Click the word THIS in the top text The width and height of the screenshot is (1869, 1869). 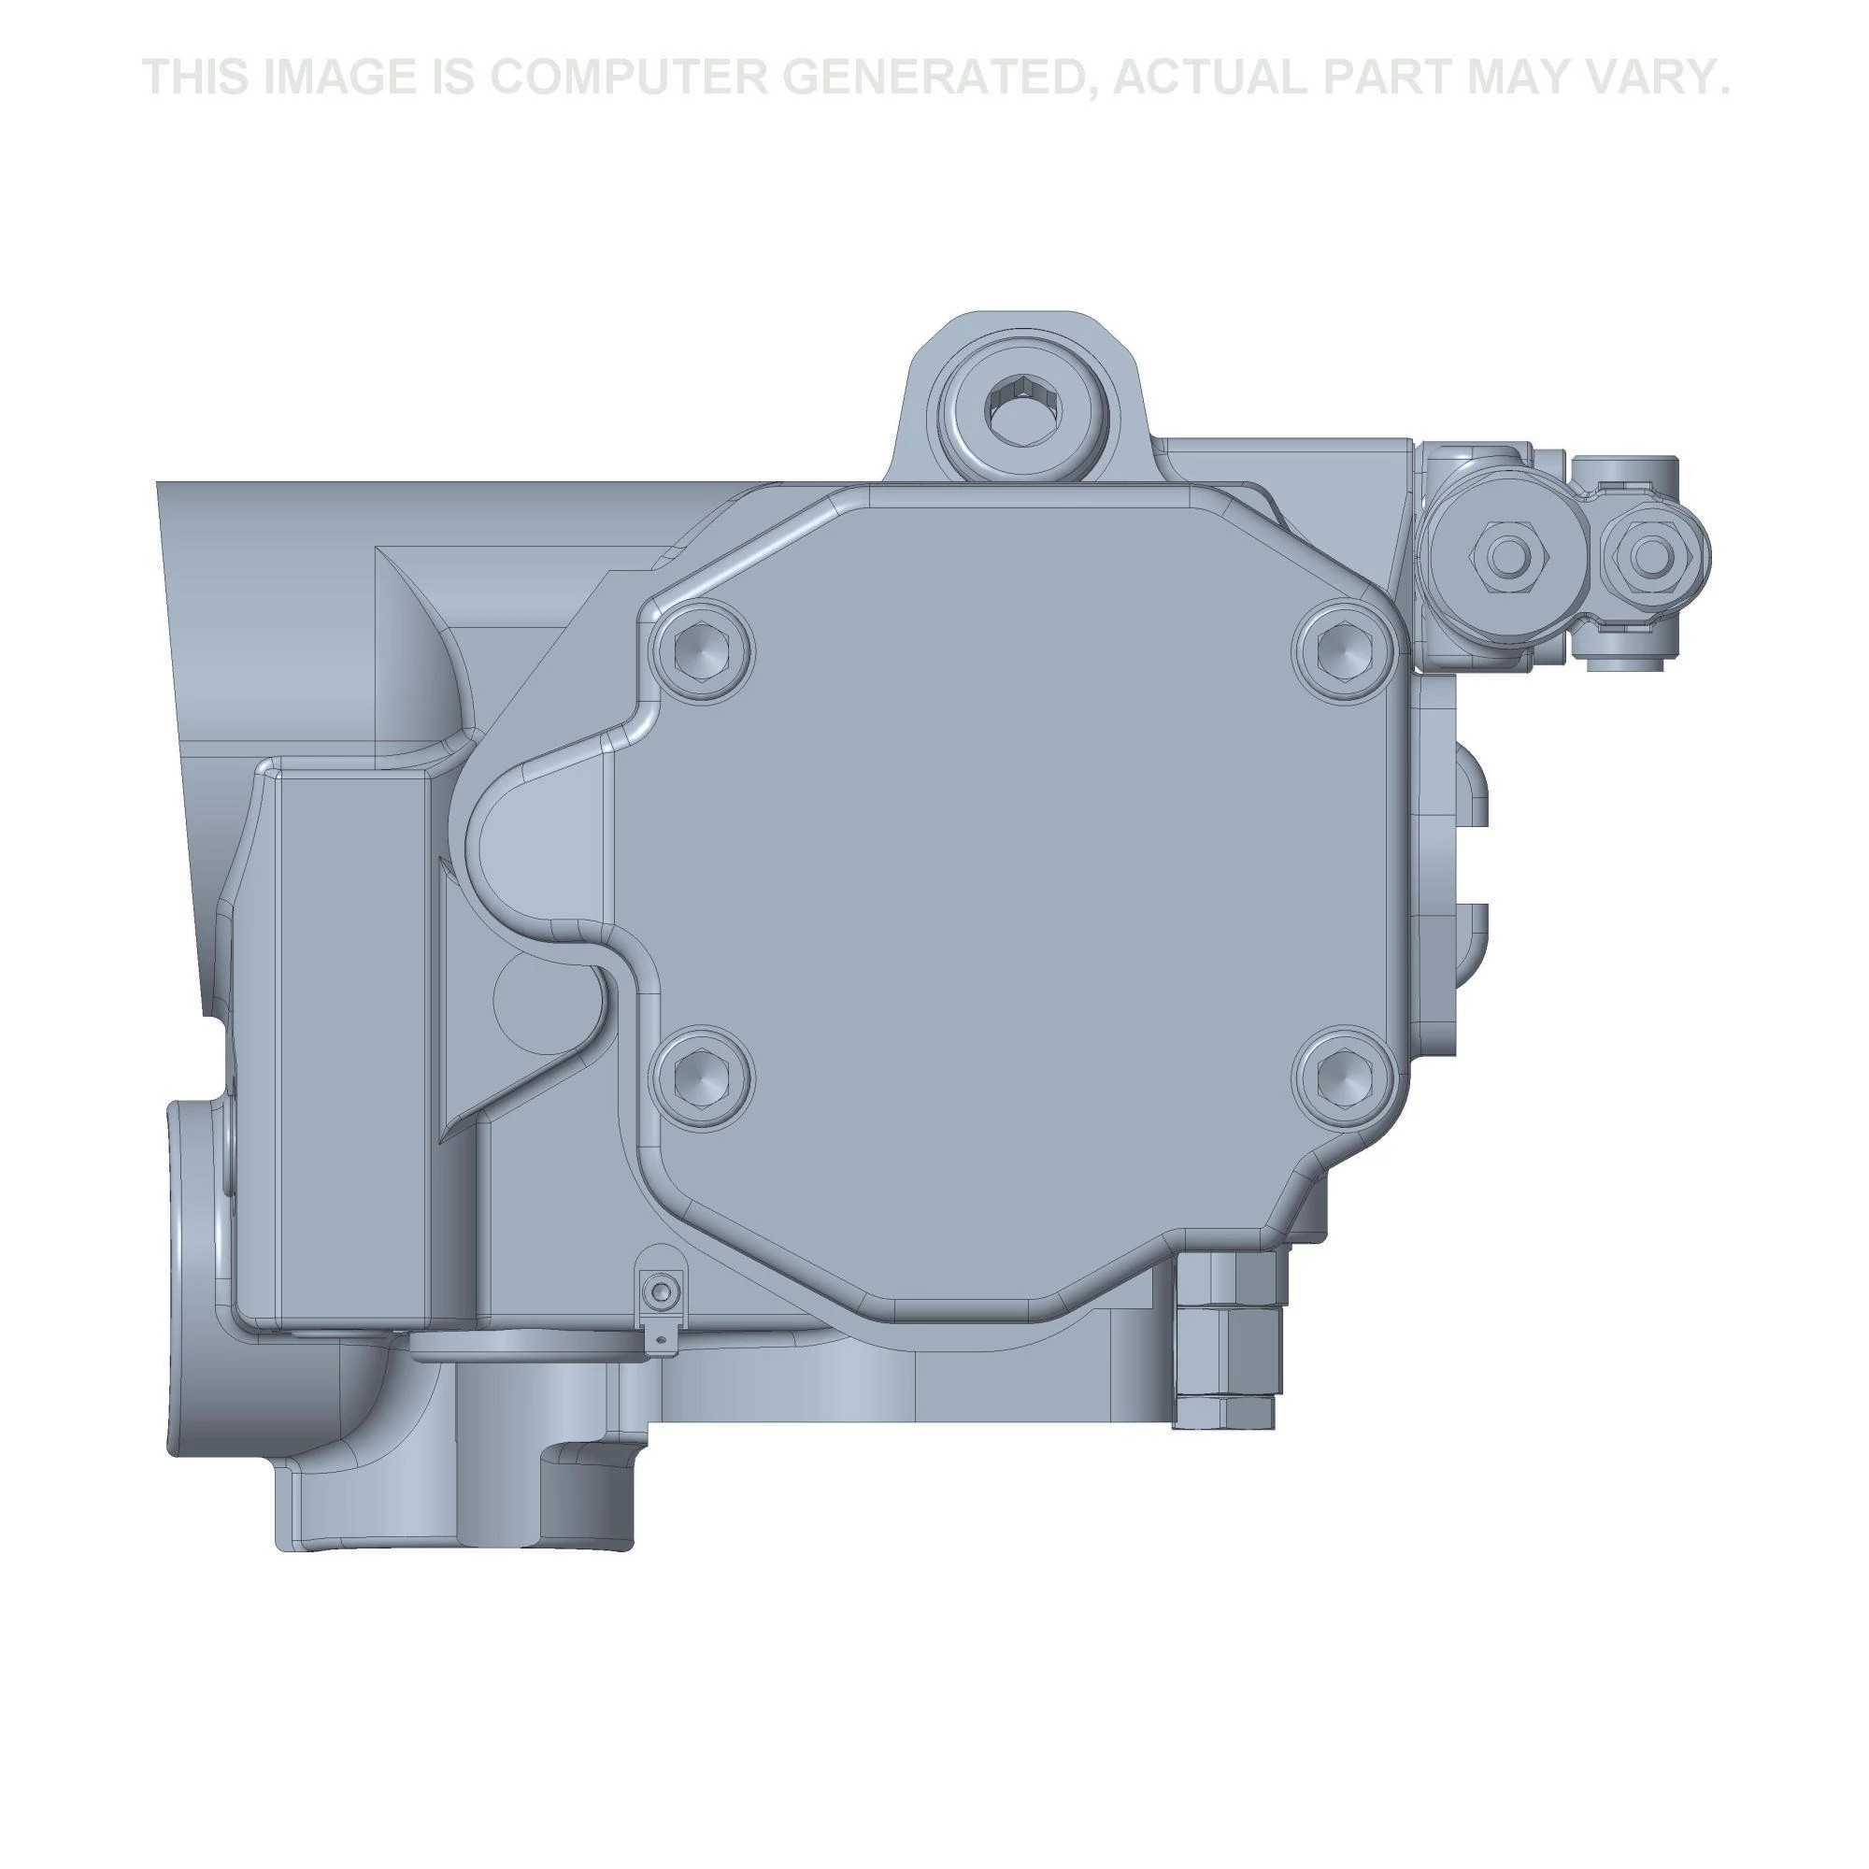(x=195, y=77)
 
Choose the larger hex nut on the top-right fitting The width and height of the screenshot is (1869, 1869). (x=1504, y=555)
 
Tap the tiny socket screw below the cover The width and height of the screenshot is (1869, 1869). (x=661, y=1292)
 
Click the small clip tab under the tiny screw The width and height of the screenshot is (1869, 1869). (x=658, y=1339)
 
